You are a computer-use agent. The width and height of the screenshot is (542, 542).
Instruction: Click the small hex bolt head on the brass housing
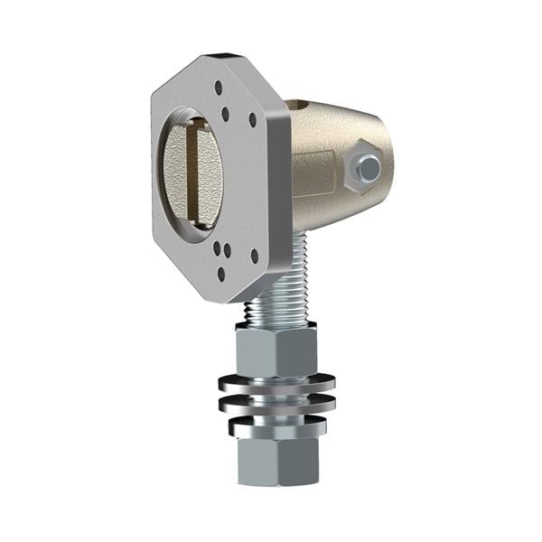tap(368, 167)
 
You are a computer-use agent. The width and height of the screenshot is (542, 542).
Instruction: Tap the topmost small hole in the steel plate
tap(218, 88)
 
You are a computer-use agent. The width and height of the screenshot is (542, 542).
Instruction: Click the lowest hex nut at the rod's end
tap(277, 457)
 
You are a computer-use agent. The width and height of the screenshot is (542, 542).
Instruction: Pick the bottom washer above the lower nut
tap(277, 420)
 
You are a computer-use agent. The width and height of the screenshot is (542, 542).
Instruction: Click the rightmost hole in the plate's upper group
tap(252, 119)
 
